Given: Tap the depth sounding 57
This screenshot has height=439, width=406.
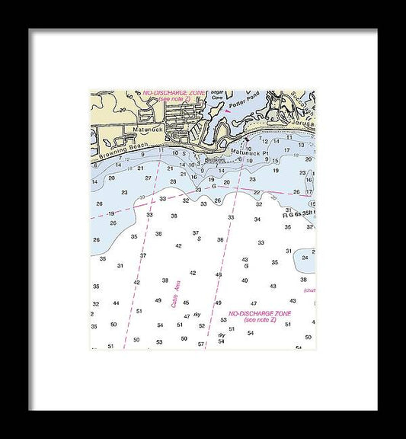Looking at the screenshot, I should tap(200, 344).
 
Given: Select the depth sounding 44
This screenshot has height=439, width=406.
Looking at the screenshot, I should tap(116, 303).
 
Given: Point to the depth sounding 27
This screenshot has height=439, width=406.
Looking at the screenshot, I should tap(149, 178).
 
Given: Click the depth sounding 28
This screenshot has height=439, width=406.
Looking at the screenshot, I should tap(173, 181).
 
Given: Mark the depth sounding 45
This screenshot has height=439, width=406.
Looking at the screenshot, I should tap(186, 303).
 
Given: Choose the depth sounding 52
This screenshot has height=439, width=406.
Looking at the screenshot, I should tap(202, 325).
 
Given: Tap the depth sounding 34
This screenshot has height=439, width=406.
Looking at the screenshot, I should tap(257, 219).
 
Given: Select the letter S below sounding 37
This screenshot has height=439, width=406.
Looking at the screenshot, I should tap(199, 239).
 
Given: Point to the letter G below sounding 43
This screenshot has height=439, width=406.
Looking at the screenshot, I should tap(245, 267).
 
